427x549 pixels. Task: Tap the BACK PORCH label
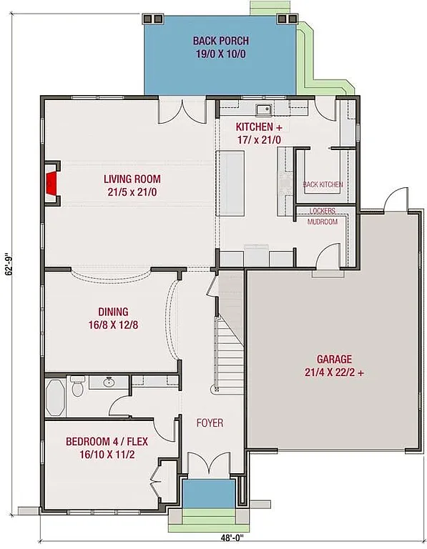point(220,47)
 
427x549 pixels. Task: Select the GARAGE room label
point(335,366)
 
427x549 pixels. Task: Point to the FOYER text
point(210,423)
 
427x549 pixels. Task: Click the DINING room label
point(113,318)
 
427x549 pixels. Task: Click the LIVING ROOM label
point(132,185)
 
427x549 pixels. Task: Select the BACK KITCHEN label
point(323,184)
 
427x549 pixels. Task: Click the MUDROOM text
point(323,222)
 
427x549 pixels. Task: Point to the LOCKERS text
point(323,212)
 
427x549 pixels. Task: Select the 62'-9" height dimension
point(8,271)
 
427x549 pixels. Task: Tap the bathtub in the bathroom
point(57,395)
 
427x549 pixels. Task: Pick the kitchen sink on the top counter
point(264,109)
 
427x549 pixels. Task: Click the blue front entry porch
point(208,493)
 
